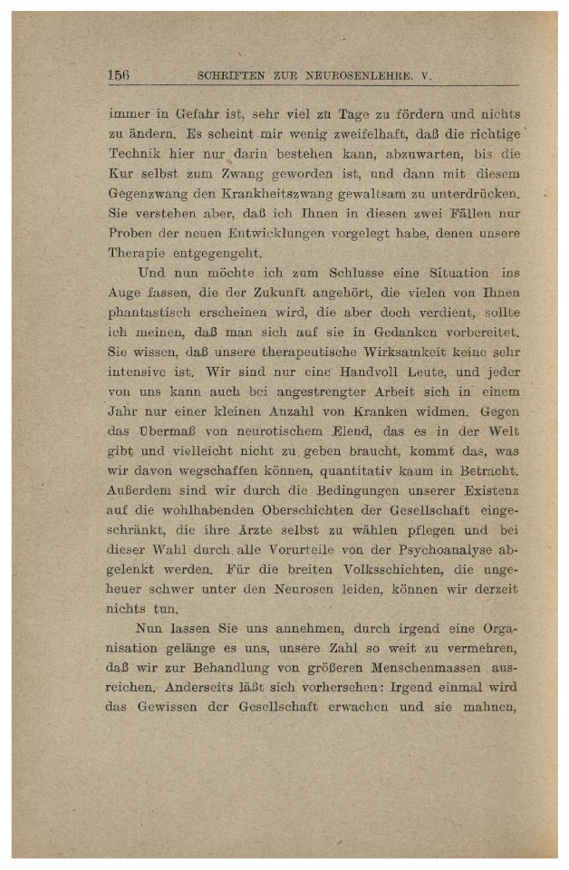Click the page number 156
pyautogui.click(x=119, y=75)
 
